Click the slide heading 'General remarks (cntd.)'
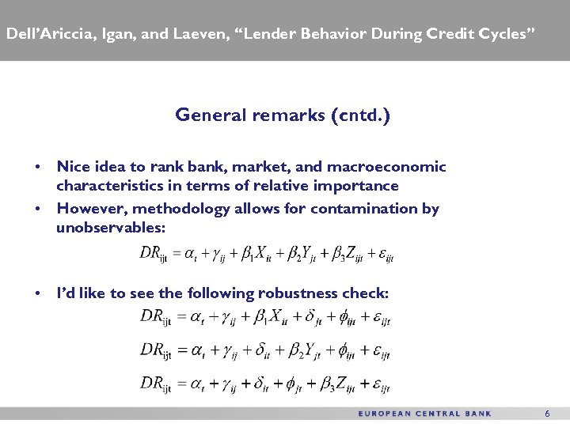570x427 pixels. [283, 115]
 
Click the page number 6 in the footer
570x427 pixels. [546, 414]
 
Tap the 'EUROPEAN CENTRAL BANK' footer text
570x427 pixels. [425, 414]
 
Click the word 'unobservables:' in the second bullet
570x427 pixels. [111, 228]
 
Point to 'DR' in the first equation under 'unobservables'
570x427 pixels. [150, 253]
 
